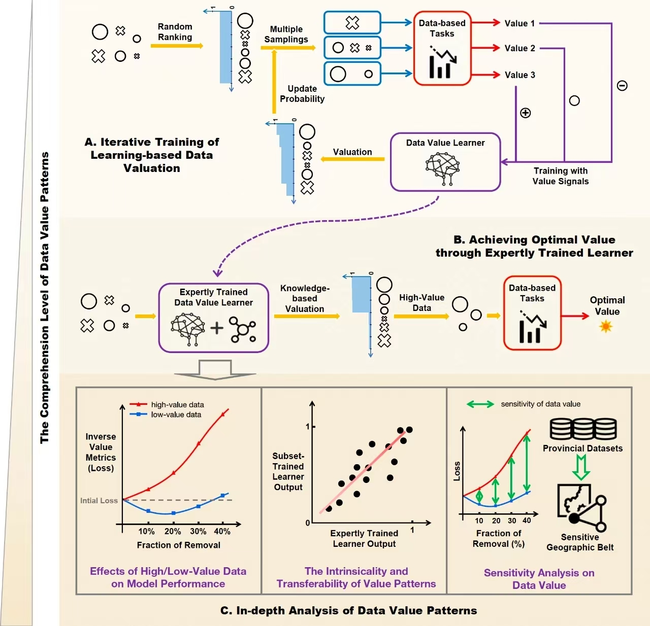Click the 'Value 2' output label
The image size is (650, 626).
tap(519, 48)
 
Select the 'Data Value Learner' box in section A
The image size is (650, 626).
tap(445, 162)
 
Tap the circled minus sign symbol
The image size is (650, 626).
tap(622, 86)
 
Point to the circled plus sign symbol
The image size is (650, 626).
tap(526, 113)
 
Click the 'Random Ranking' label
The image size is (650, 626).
tap(175, 32)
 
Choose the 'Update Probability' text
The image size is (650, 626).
tap(302, 94)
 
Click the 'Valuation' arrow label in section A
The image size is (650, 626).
tap(352, 152)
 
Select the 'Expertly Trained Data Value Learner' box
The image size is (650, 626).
tap(213, 318)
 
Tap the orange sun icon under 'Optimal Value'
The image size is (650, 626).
tap(606, 326)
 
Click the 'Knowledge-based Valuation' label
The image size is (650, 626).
tap(305, 298)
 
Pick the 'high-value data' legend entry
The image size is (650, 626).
tap(177, 404)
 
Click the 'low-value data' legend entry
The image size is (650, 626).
tap(176, 414)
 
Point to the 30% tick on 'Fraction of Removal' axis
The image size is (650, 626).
tap(198, 531)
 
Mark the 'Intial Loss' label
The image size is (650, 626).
tap(99, 501)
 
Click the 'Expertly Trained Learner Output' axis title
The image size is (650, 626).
tap(364, 538)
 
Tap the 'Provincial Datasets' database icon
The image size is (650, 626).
tap(583, 429)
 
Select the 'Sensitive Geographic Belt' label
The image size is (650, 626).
tap(580, 542)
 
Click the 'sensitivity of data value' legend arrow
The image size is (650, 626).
tap(480, 404)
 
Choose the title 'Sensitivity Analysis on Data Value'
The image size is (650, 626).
tap(539, 579)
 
